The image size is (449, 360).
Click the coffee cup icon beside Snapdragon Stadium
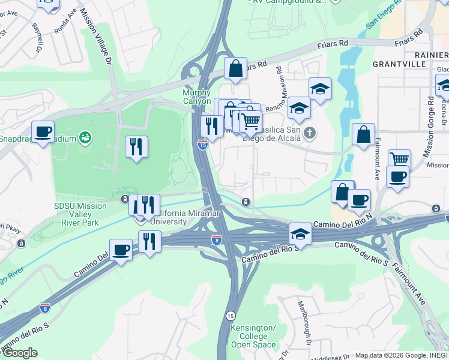coord(43,132)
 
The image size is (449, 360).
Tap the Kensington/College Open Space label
coord(253,336)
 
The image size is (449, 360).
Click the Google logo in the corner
coord(19,353)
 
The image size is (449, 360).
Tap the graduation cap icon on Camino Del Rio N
coord(300,233)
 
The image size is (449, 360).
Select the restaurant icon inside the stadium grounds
coord(136,146)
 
